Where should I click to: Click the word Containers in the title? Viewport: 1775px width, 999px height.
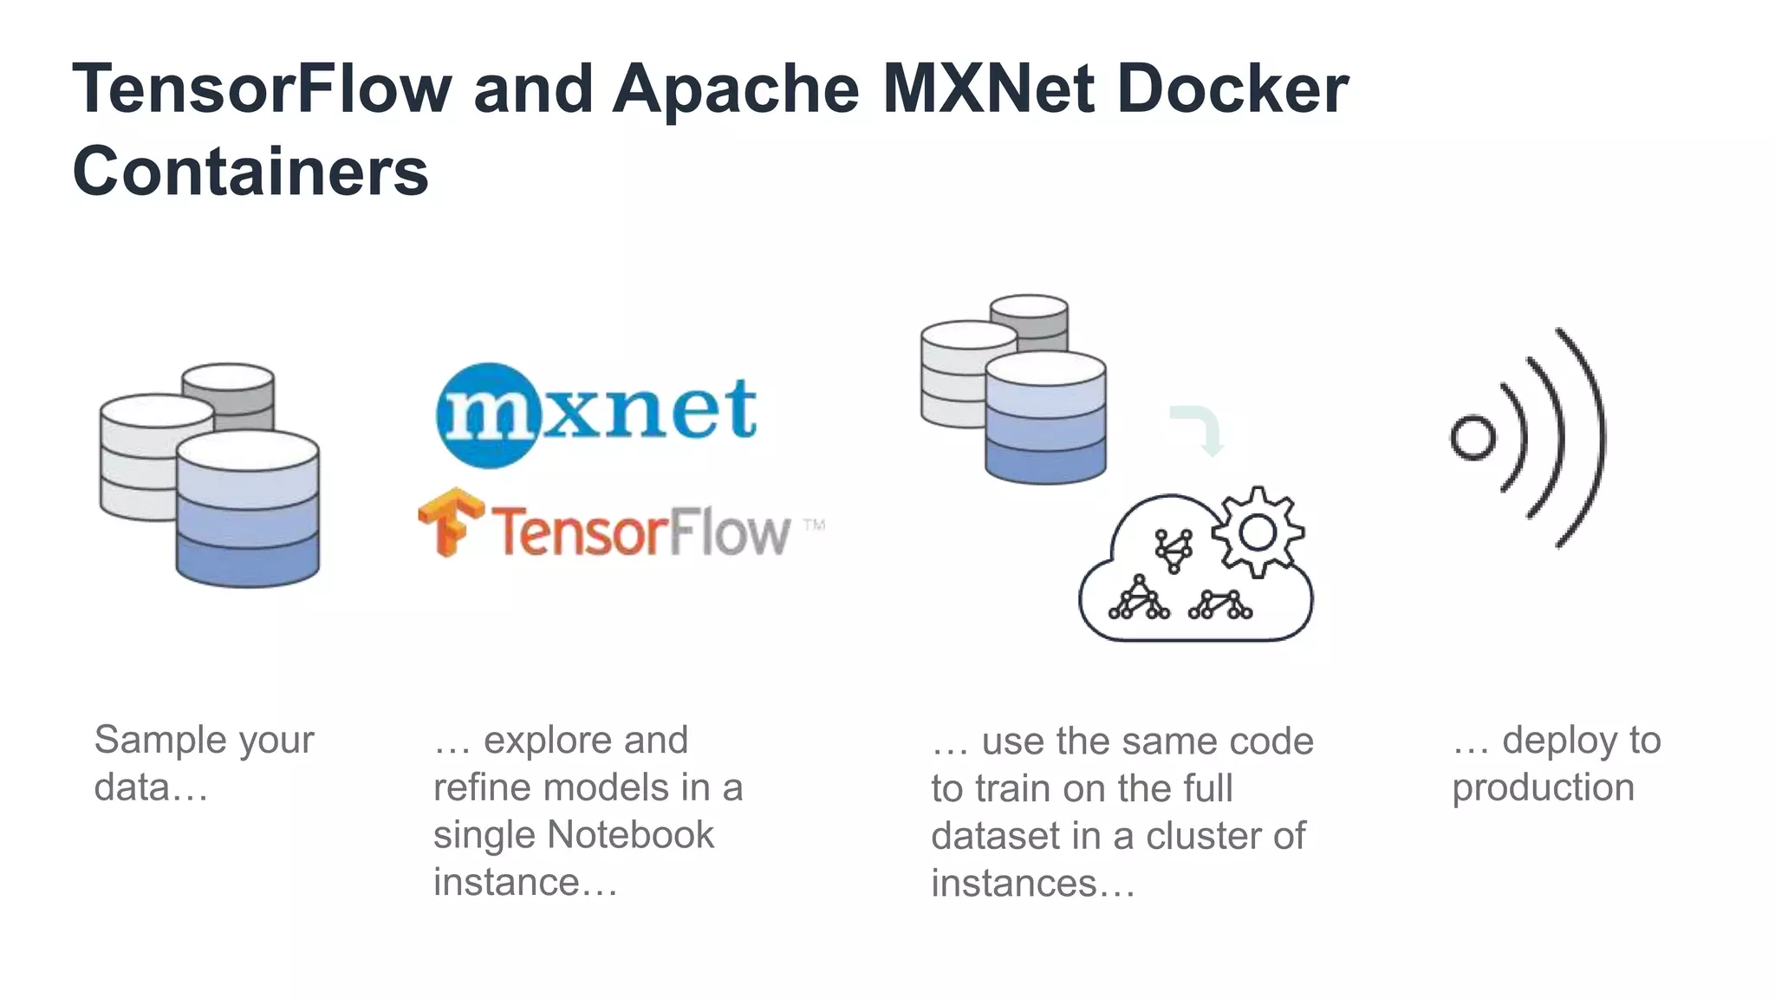click(x=250, y=171)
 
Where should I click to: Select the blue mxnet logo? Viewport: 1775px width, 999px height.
click(x=596, y=413)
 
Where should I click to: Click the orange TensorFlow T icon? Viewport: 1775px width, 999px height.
click(x=450, y=520)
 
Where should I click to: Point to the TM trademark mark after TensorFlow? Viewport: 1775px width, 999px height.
click(x=813, y=525)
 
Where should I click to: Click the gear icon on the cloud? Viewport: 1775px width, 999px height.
click(x=1257, y=532)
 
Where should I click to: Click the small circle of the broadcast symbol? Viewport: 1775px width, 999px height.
click(x=1473, y=438)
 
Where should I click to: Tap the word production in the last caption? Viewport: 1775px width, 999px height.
click(x=1543, y=787)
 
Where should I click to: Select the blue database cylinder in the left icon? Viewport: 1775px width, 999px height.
click(x=248, y=512)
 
